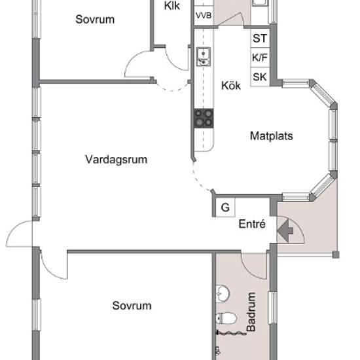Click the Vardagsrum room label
pos(116,160)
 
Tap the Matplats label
pos(272,135)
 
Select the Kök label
pos(231,85)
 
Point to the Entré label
pos(252,224)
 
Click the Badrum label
pos(251,312)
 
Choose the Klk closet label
pos(172,6)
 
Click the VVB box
pos(204,16)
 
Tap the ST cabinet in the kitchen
pos(260,38)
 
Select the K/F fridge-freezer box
pos(260,58)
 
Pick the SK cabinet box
pos(260,77)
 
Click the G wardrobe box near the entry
pos(225,207)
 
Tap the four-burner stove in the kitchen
pos(204,118)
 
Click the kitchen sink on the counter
pos(204,57)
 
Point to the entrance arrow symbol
pos(285,230)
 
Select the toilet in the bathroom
pos(226,319)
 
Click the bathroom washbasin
pos(223,293)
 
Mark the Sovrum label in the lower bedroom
pos(132,306)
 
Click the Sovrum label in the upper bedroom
pos(95,19)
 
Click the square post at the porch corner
pos(336,255)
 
